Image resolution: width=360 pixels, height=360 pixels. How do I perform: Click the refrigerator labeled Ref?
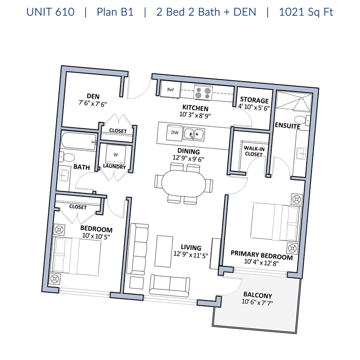point(170,90)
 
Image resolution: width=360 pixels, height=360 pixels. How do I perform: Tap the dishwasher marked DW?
point(175,132)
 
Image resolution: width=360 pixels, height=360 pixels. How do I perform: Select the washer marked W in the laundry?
point(116,154)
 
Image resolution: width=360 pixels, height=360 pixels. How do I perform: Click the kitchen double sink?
point(194,134)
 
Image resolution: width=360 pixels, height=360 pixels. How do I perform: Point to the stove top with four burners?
point(203,93)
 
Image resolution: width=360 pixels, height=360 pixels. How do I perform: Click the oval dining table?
point(184,183)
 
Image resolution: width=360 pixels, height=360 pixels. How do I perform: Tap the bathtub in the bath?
point(79,141)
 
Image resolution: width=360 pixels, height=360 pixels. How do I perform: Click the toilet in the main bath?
point(67,157)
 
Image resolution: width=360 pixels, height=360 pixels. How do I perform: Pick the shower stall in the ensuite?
point(294,101)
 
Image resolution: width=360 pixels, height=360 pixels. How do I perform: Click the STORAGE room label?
point(254,100)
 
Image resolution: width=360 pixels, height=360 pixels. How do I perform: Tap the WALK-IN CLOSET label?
point(254,151)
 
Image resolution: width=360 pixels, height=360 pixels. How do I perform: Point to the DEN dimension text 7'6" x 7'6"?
point(93,104)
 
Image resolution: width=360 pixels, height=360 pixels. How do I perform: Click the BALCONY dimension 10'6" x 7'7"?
point(257,302)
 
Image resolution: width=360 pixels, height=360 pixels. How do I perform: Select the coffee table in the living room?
point(164,251)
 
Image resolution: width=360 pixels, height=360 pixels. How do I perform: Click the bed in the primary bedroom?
point(276,222)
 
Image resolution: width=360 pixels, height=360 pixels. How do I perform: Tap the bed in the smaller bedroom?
point(77,256)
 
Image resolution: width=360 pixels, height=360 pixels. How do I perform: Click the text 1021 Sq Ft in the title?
point(306,12)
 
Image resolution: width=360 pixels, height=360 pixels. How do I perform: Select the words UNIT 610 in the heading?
point(50,12)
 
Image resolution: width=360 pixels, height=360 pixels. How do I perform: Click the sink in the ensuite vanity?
point(301,154)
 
